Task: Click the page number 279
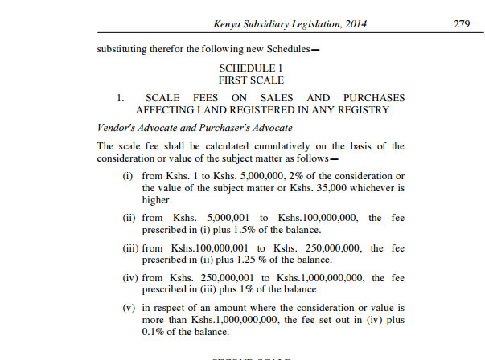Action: coord(461,24)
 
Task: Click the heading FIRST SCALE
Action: coord(251,81)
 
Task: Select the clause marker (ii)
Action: coord(127,218)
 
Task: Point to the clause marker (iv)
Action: coord(126,279)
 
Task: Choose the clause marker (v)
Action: coord(127,309)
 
